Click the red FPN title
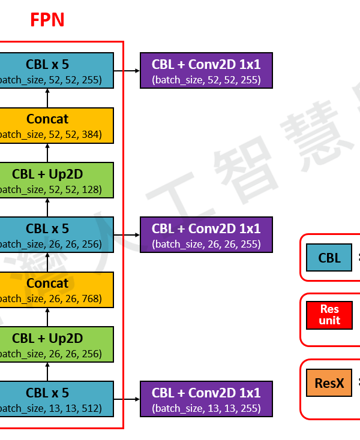click(47, 20)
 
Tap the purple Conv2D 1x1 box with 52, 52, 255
click(206, 71)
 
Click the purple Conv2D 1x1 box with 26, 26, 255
click(206, 235)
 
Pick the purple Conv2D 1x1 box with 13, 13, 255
click(206, 399)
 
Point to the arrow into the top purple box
click(127, 71)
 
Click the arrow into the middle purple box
click(127, 235)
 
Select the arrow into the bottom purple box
click(127, 399)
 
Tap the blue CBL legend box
click(329, 258)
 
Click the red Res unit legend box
click(329, 315)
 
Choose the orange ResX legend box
click(329, 382)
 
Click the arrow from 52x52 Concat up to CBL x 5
click(47, 98)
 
